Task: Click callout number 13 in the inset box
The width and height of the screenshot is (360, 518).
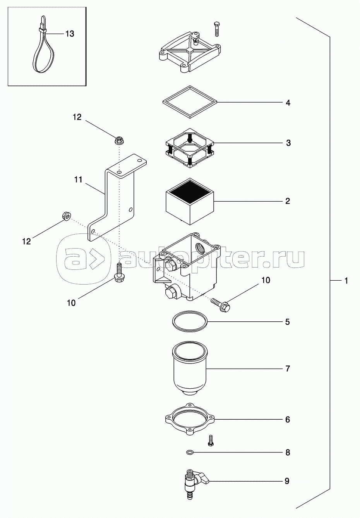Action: (69, 34)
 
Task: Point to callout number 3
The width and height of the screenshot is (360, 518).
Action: (288, 143)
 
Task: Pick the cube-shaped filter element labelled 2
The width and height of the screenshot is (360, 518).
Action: (190, 201)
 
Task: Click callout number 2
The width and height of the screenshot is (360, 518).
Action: (287, 201)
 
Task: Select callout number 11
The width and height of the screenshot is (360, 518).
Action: (79, 180)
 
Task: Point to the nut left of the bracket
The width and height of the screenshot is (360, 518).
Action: (66, 216)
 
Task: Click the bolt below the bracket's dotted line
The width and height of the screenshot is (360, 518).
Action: (119, 273)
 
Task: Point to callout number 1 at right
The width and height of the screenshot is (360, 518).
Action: (346, 281)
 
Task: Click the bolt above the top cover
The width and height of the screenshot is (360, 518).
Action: (217, 29)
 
